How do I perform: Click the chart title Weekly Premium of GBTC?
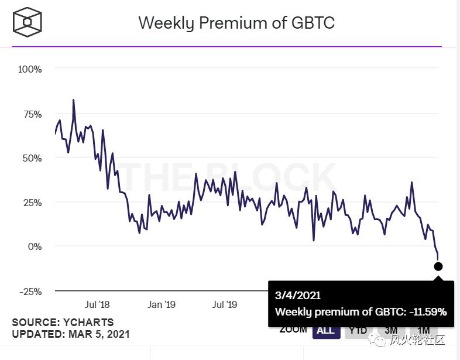coord(236,23)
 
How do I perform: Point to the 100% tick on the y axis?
coord(30,69)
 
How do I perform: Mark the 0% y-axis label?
coord(35,246)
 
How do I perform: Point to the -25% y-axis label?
coord(30,291)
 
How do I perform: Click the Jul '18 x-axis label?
coord(97,304)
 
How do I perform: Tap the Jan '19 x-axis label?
coord(162,304)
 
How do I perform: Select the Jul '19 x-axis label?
coord(224,304)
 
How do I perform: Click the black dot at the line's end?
coord(438,267)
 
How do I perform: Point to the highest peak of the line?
coord(73,100)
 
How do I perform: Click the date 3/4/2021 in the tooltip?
coord(298,296)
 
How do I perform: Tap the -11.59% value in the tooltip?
coord(427,312)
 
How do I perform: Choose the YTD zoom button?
coord(357,330)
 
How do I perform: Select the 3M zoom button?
coord(391,330)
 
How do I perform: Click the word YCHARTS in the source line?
coord(86,323)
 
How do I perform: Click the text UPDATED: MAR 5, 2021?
coord(71,334)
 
